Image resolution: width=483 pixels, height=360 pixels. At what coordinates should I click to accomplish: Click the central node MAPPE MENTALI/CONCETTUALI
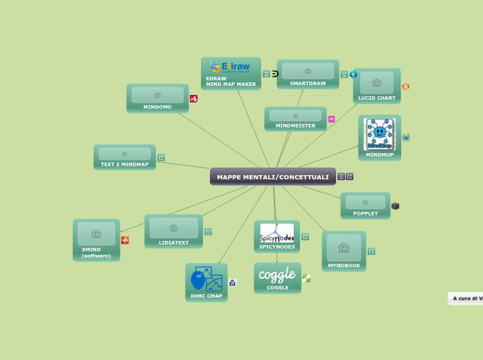(272, 177)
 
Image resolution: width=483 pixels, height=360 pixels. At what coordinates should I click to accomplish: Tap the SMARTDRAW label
(308, 83)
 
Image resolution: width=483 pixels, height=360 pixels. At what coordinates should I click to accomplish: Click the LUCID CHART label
(376, 98)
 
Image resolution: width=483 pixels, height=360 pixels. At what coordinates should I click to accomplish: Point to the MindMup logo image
(379, 134)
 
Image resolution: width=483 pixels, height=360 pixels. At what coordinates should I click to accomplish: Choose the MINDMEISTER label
(295, 126)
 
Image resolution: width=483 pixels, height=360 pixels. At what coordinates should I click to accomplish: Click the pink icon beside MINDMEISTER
(331, 119)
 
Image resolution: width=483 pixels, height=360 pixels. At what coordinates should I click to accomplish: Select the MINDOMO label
(157, 107)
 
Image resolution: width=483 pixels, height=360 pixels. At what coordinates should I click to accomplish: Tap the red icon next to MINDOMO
(193, 99)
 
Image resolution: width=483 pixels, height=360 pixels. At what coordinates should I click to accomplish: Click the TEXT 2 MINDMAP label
(125, 165)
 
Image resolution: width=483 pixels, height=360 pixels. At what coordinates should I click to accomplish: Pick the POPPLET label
(365, 214)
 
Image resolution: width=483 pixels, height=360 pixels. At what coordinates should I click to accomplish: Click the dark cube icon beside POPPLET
(395, 206)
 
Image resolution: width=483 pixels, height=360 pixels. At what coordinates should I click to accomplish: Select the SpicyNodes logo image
(276, 233)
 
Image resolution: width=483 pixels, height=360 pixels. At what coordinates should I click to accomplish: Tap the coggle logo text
(277, 275)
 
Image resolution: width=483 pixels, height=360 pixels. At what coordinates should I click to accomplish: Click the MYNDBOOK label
(344, 266)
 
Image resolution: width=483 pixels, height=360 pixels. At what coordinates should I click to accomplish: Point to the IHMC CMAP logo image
(207, 279)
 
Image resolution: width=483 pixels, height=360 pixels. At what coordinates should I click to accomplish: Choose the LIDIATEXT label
(173, 243)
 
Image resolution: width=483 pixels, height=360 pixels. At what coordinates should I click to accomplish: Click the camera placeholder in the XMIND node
(96, 234)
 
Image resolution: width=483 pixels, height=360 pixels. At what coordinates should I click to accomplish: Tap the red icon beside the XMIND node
(125, 240)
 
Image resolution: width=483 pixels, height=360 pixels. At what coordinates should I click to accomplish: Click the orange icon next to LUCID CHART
(405, 87)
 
